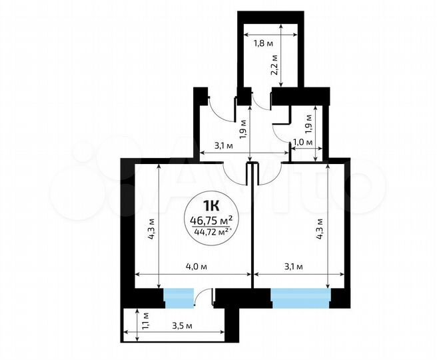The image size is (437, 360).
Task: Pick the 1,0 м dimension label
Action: (303, 142)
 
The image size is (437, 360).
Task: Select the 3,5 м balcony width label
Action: (182, 326)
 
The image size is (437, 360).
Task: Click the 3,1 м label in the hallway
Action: (222, 145)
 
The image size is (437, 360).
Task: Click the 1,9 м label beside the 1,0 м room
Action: (316, 122)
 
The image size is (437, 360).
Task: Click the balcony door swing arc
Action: (204, 297)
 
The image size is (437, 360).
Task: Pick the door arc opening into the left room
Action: (234, 175)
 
